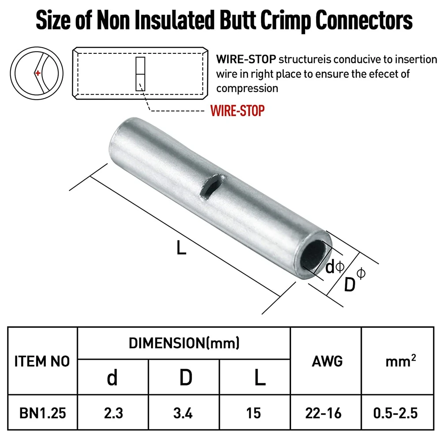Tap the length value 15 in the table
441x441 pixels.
(x=254, y=413)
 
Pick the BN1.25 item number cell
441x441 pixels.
(x=43, y=413)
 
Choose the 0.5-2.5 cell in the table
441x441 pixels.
(x=396, y=413)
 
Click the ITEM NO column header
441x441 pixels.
(x=43, y=362)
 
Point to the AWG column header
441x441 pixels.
(x=327, y=362)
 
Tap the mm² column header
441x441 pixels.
(x=400, y=362)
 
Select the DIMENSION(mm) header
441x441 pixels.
(x=184, y=343)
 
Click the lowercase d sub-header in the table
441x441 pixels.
(x=113, y=377)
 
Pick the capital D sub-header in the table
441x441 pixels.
(x=185, y=377)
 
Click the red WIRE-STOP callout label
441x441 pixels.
(x=238, y=110)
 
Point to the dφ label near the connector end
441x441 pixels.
(x=334, y=267)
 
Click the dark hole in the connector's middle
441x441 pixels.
(x=206, y=190)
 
